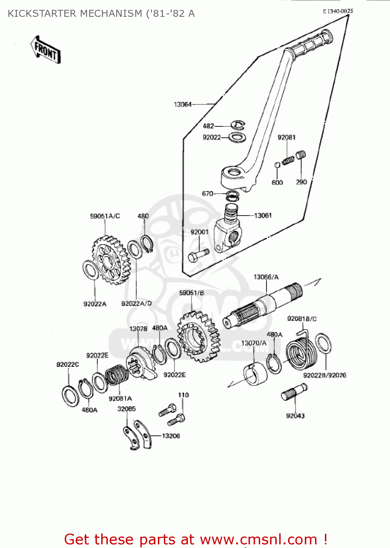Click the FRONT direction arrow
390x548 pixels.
46,50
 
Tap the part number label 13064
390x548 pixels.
182,104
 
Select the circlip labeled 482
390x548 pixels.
238,125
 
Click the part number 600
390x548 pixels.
277,182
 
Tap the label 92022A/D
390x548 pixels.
136,304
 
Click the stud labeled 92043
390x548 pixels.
294,392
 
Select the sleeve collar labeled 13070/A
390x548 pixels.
255,374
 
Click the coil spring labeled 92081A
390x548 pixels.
117,376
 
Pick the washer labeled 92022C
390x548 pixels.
70,395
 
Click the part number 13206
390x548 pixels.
171,436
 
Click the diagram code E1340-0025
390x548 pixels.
338,11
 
